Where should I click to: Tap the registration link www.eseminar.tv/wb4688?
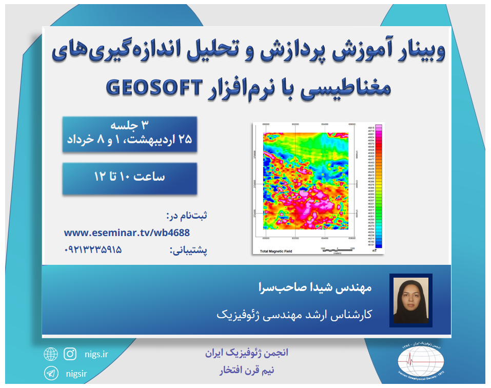(127, 232)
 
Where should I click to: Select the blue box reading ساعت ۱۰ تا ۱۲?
(129, 178)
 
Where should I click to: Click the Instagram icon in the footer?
(70, 354)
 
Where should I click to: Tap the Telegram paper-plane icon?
(50, 373)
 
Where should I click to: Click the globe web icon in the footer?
(50, 354)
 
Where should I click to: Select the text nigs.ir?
(95, 354)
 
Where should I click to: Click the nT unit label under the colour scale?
(375, 251)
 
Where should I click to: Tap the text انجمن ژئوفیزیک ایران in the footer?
(247, 354)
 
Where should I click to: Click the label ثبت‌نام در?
(188, 215)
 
